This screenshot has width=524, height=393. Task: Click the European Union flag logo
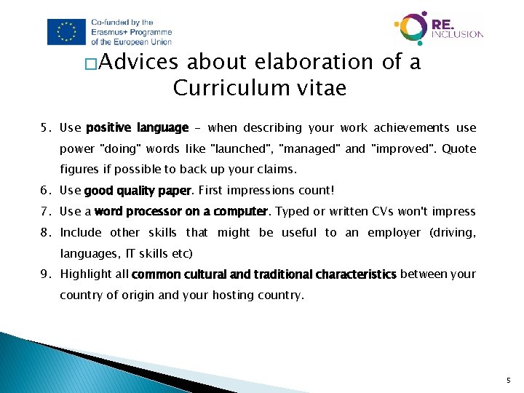[65, 31]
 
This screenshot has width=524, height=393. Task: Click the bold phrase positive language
[137, 128]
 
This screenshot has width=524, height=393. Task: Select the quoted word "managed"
[309, 149]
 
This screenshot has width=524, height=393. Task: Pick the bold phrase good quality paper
[138, 191]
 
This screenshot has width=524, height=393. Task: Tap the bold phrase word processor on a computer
[181, 212]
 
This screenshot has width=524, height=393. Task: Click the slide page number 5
[508, 381]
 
